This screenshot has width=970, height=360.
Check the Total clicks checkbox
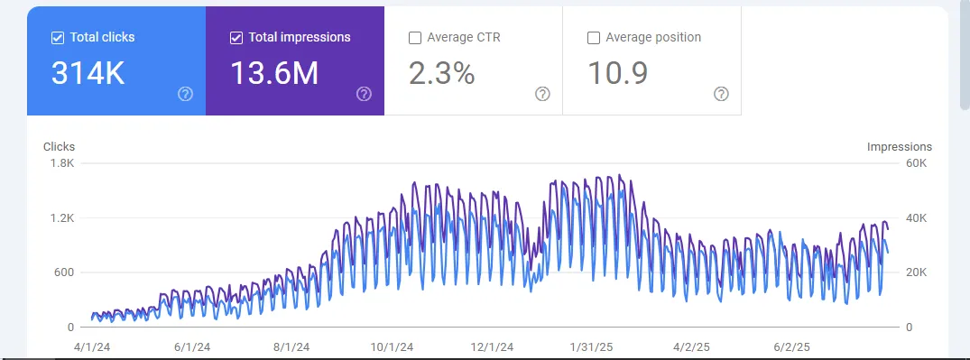coord(58,38)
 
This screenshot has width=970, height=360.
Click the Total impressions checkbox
coord(236,38)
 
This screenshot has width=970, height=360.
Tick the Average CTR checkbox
coord(415,38)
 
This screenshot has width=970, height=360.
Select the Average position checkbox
coord(594,38)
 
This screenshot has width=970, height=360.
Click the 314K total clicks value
coord(88,74)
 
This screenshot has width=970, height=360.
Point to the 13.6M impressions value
coord(274,74)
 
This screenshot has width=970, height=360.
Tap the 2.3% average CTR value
coord(442,74)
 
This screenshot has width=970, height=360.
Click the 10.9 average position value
coord(618,74)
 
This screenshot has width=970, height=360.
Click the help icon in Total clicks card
coord(186,94)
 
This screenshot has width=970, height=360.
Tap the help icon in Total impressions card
coord(364,94)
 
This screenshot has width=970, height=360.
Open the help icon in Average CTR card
coord(542,94)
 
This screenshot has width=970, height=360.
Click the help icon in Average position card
coord(721,94)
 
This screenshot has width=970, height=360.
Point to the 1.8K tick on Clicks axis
coord(62,163)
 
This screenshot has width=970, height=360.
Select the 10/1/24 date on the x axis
coord(393,346)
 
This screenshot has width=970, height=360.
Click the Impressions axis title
coord(899,147)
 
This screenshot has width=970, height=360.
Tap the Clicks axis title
coord(60,147)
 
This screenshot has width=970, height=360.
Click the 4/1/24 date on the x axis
coord(92,346)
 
